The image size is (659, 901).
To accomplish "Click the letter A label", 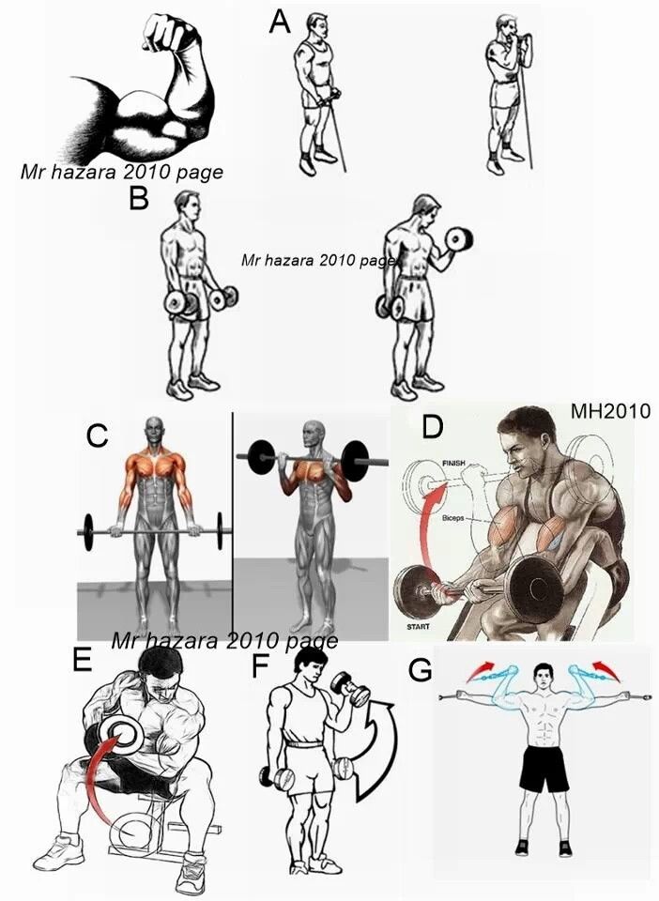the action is click(280, 22).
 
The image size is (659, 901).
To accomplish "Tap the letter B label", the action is click(140, 198).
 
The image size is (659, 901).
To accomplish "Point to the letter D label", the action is click(433, 427).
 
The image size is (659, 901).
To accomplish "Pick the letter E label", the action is click(83, 660).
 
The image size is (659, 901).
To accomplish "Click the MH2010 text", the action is click(610, 411).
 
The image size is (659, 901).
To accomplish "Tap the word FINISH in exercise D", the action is click(453, 463).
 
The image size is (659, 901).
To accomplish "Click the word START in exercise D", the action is click(419, 626).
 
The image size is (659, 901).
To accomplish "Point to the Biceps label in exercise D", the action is click(452, 518).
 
